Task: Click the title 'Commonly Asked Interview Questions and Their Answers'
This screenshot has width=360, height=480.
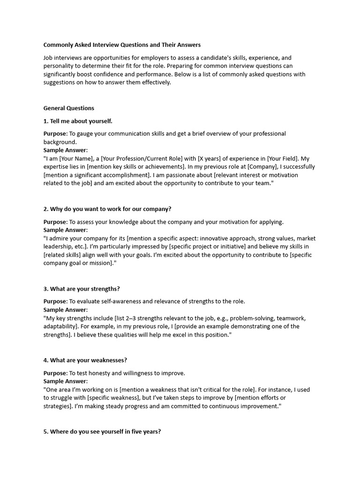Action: tap(122, 45)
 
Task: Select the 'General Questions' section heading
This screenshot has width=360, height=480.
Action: tap(69, 108)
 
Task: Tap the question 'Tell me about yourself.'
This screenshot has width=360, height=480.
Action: tap(78, 121)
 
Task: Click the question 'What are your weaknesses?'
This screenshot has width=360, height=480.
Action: tap(85, 360)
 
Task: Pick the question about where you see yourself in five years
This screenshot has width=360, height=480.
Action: tap(102, 431)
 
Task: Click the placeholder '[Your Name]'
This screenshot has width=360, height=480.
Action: tap(74, 158)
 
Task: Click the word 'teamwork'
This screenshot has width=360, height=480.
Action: tap(295, 318)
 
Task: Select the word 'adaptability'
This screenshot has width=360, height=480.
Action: tap(60, 326)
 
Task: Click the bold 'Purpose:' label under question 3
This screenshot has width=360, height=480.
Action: tap(56, 301)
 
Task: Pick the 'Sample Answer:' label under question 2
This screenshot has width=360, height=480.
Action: tap(66, 230)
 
